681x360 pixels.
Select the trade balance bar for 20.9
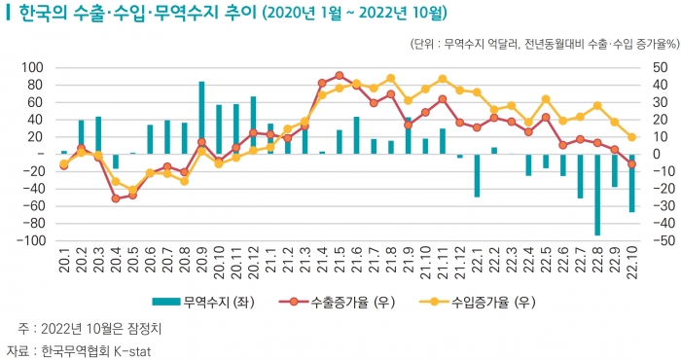coord(201,118)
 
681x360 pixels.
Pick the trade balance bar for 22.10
coord(631,183)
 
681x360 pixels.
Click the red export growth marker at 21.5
coord(339,75)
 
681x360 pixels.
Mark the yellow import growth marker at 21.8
coord(390,78)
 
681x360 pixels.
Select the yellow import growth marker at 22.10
coord(631,137)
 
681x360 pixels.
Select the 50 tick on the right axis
coord(658,68)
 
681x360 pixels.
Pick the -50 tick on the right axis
coord(660,240)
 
